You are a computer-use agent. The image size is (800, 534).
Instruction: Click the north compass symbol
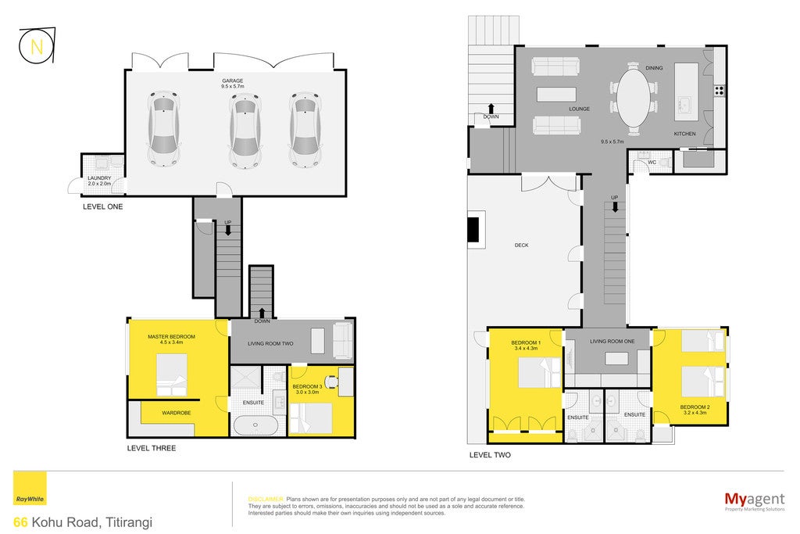point(37,46)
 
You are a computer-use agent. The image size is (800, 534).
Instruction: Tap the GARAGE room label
point(233,81)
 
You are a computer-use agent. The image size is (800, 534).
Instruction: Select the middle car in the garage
point(245,131)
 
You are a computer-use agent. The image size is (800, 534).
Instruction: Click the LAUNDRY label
point(99,177)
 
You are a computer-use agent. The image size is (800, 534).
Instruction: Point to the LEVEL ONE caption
point(103,206)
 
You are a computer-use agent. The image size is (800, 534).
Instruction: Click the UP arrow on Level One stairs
point(228,230)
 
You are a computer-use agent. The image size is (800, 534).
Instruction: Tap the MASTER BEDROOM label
point(171,337)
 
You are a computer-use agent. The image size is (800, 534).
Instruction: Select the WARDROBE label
point(177,413)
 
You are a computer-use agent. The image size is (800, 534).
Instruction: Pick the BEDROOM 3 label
point(307,386)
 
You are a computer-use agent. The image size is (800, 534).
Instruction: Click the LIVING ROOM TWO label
point(270,343)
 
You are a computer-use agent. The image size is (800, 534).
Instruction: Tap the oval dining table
point(634,99)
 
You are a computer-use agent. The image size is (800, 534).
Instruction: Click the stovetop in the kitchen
point(720,91)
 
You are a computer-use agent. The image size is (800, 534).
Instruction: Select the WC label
point(652,163)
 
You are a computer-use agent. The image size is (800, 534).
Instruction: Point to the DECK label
point(521,245)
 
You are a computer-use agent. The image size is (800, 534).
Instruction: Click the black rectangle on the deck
point(474,230)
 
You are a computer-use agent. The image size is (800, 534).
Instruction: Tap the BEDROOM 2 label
point(695,407)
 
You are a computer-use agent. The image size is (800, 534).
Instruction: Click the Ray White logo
point(30,489)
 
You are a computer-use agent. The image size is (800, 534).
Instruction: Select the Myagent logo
point(755,501)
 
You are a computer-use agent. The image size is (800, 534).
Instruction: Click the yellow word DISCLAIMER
point(266,500)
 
